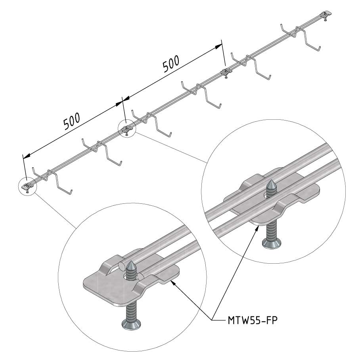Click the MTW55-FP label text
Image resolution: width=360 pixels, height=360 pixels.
click(x=253, y=320)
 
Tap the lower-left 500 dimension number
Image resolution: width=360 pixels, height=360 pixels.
click(x=72, y=121)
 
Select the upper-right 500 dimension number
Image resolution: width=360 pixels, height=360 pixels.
click(x=171, y=64)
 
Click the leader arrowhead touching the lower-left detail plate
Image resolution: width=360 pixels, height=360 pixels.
click(x=174, y=284)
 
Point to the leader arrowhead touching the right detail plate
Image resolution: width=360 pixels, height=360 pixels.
click(x=258, y=228)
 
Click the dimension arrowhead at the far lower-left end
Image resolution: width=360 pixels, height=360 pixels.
click(x=27, y=156)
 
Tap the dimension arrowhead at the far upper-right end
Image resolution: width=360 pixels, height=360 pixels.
click(x=218, y=47)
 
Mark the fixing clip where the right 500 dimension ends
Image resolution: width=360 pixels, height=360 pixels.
click(x=226, y=72)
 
